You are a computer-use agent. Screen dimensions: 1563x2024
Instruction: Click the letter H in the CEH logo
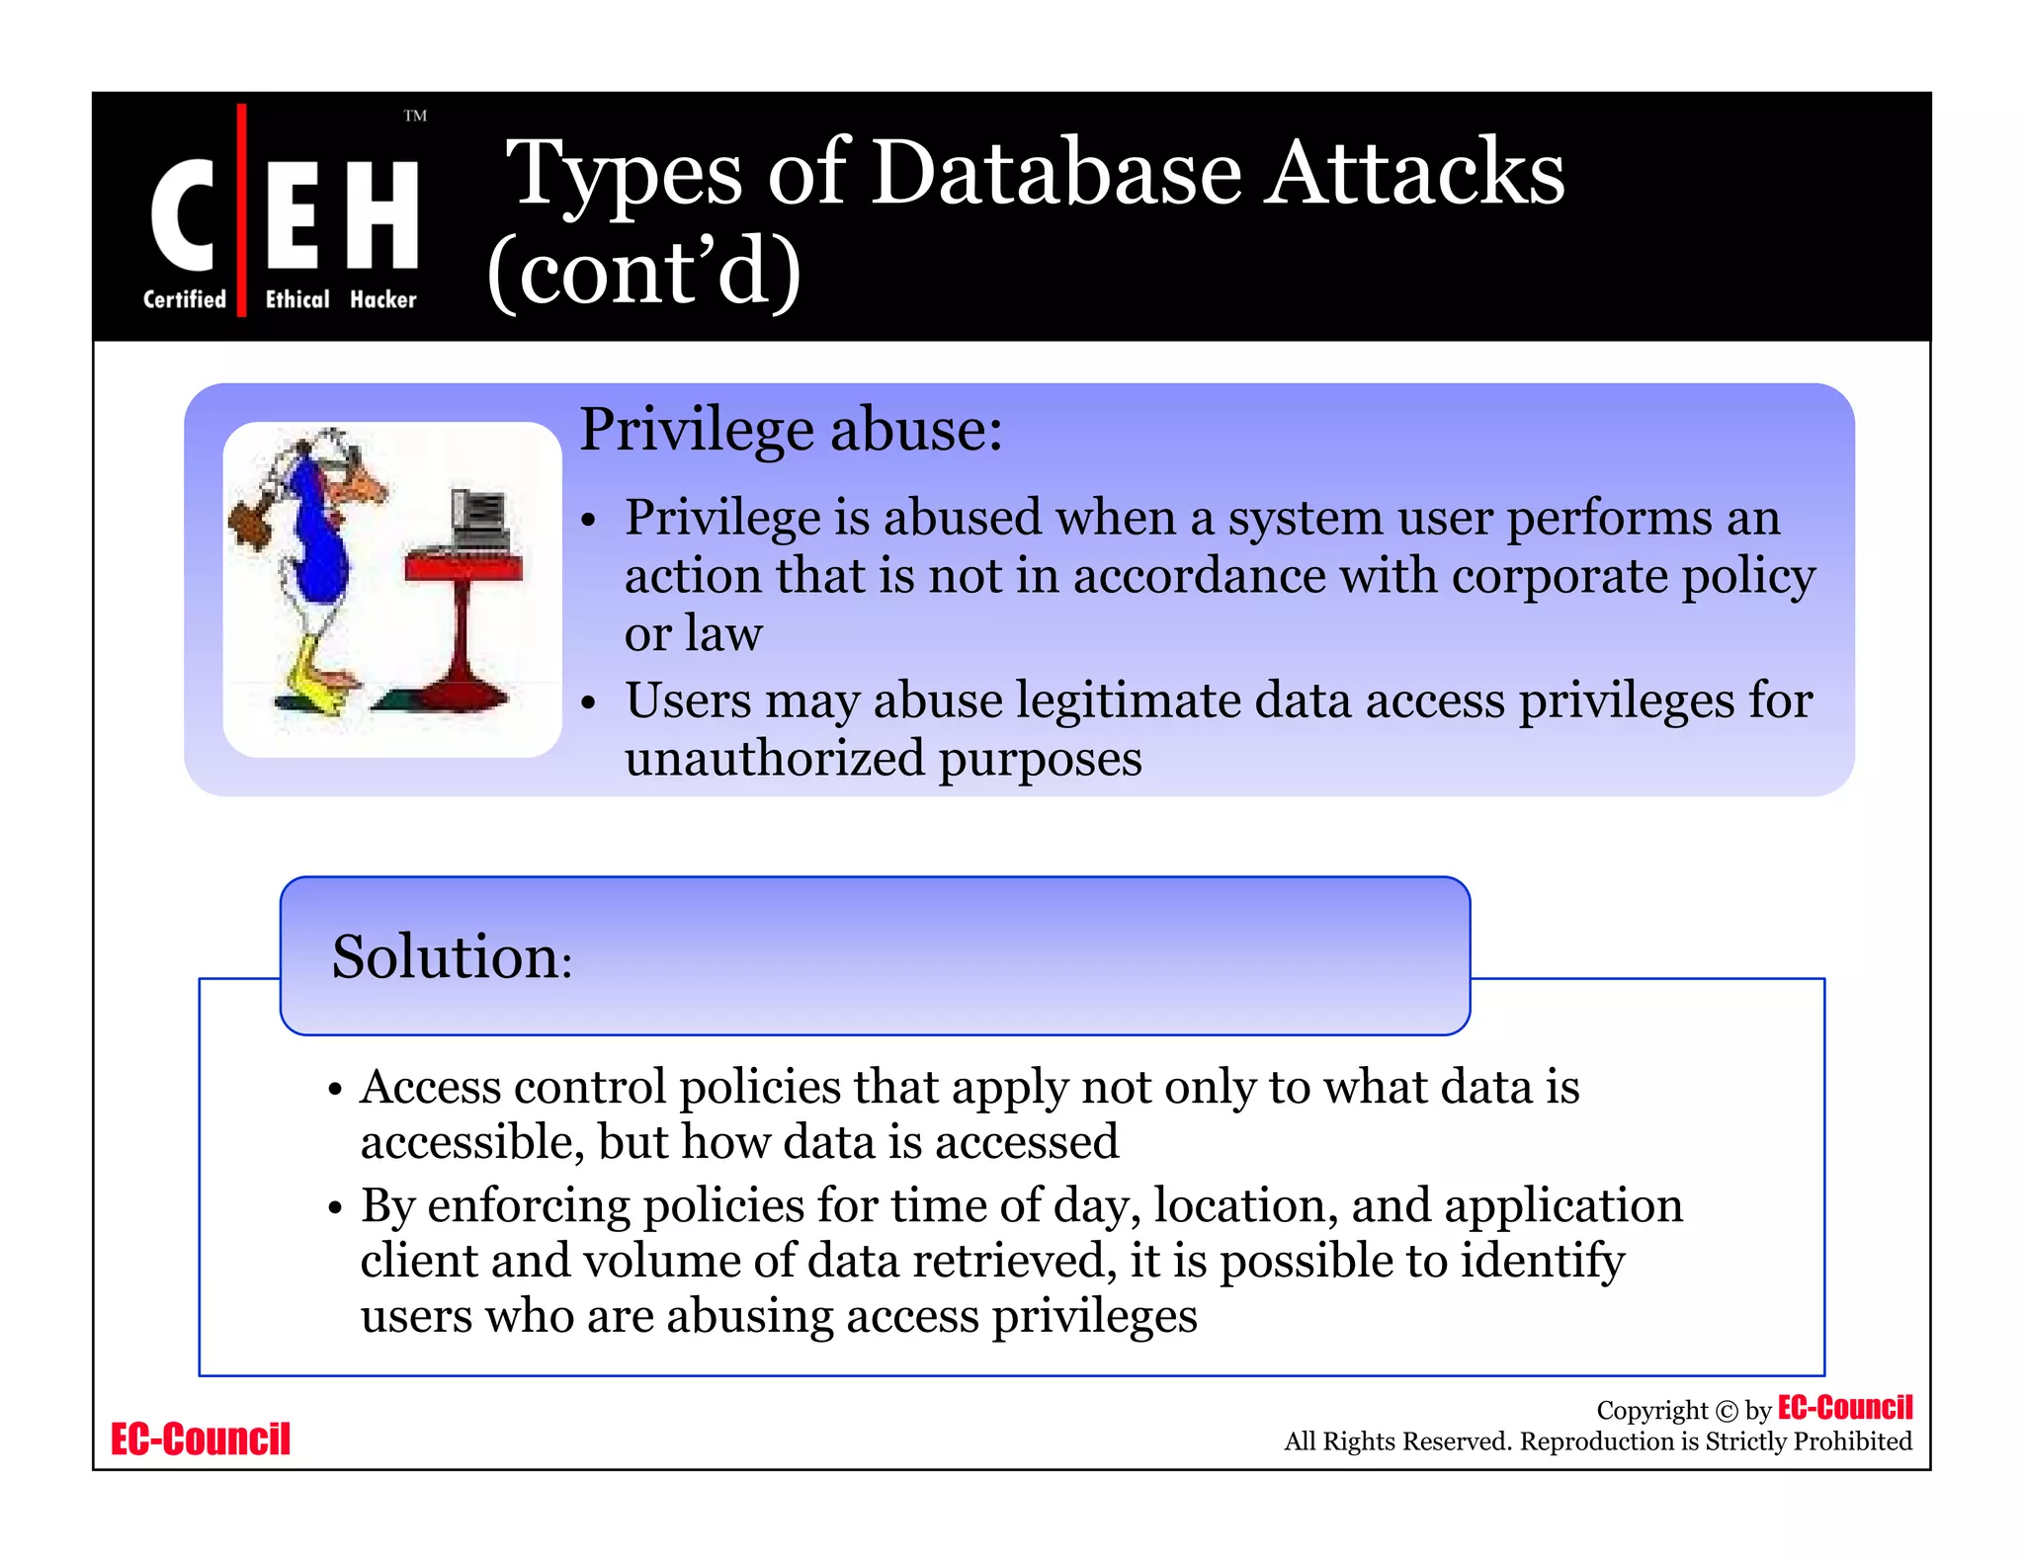[383, 214]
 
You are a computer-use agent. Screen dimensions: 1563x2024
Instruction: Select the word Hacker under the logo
[382, 299]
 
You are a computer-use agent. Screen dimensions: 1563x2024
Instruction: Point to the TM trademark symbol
[415, 116]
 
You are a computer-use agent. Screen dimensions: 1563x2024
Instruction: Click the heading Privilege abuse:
[791, 430]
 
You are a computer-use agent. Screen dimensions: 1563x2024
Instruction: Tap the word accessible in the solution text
[471, 1142]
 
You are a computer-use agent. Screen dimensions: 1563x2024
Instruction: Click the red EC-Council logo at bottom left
[201, 1439]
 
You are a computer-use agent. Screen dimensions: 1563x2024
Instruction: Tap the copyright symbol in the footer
[1726, 1411]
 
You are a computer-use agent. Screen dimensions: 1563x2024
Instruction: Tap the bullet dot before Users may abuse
[589, 702]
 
